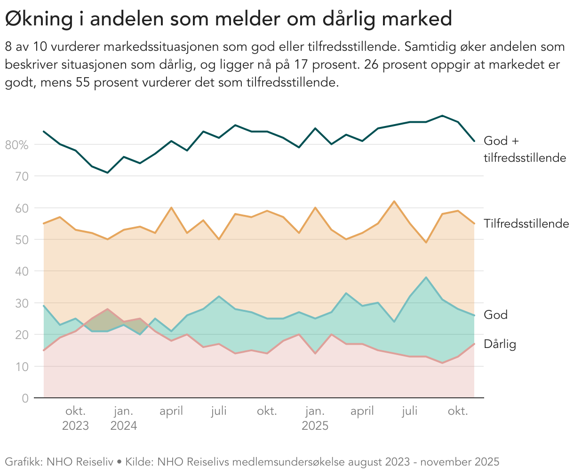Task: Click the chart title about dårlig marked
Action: pyautogui.click(x=228, y=19)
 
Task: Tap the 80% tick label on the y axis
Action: pyautogui.click(x=17, y=145)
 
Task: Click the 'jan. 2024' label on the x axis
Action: pyautogui.click(x=124, y=419)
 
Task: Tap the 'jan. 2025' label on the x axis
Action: pyautogui.click(x=315, y=419)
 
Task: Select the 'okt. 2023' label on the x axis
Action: pyautogui.click(x=76, y=419)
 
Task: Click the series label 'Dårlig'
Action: pyautogui.click(x=500, y=344)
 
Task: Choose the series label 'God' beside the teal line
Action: pyautogui.click(x=495, y=315)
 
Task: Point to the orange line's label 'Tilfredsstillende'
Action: pyautogui.click(x=526, y=224)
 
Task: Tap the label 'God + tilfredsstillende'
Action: pyautogui.click(x=524, y=149)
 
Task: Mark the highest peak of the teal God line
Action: pyautogui.click(x=426, y=277)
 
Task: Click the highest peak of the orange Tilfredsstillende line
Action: pyautogui.click(x=394, y=201)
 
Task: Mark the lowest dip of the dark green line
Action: pyautogui.click(x=108, y=173)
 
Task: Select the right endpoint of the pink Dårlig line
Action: pyautogui.click(x=474, y=344)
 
